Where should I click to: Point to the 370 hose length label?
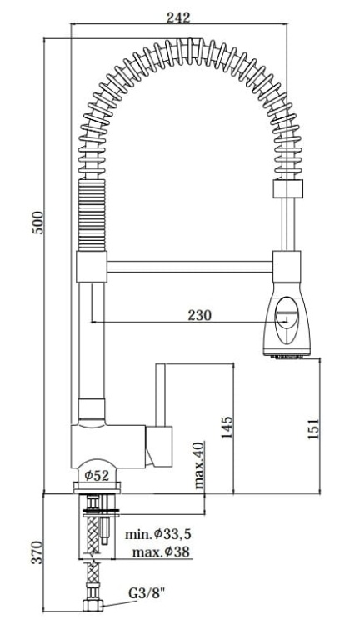[36, 552]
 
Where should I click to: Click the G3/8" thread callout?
[147, 595]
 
